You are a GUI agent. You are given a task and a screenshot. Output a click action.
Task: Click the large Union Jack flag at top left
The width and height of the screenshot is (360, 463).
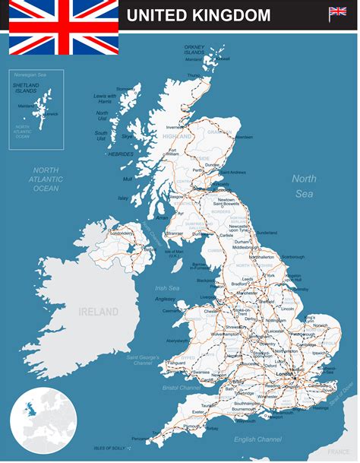tap(64, 27)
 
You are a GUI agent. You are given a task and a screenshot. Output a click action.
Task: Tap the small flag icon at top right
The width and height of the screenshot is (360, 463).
tap(337, 14)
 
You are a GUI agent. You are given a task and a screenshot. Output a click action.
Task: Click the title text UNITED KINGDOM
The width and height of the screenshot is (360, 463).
tap(198, 15)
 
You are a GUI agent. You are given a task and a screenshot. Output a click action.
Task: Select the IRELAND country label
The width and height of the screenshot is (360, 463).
tap(99, 312)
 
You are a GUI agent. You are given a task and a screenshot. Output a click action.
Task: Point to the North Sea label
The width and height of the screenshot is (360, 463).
tap(304, 186)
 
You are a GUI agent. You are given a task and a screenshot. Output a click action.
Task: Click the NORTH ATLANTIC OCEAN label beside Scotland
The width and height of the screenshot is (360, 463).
tap(46, 179)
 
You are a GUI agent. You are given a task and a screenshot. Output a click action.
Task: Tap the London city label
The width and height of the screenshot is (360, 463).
tap(286, 374)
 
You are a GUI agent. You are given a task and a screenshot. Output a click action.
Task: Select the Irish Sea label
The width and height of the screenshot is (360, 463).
tap(167, 288)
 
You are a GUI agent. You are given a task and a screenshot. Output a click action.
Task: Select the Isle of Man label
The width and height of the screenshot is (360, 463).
tap(174, 252)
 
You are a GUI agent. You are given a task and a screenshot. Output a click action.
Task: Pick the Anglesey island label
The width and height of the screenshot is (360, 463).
tap(166, 299)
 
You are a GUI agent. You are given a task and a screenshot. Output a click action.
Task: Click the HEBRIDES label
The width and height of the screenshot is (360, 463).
tap(121, 154)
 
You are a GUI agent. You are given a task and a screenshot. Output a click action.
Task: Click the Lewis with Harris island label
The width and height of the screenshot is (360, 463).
tap(105, 99)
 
